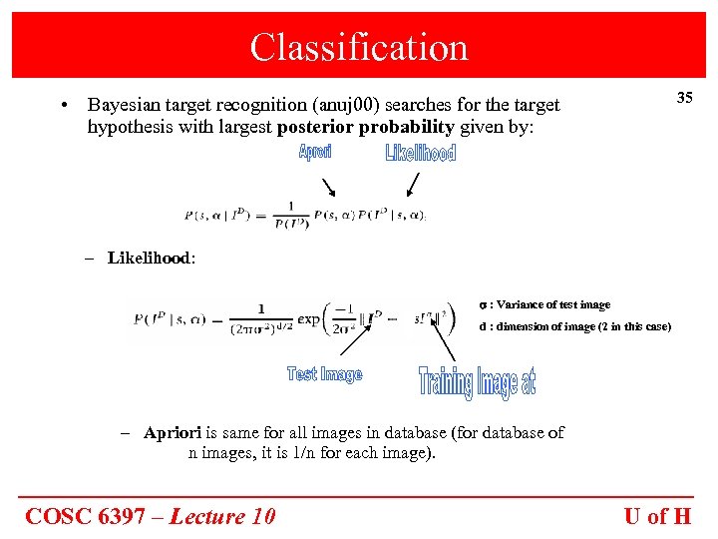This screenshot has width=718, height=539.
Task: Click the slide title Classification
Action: [x=359, y=47]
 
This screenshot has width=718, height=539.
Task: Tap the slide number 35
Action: [x=684, y=98]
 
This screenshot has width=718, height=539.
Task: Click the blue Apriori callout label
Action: [x=315, y=152]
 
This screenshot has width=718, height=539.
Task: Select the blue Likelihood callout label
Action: [x=420, y=153]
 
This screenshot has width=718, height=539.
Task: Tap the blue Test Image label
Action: [x=324, y=374]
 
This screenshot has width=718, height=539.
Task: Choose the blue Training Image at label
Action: [x=477, y=382]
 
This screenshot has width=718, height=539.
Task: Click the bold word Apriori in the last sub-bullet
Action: [x=173, y=433]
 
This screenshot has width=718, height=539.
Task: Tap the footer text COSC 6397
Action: [x=95, y=516]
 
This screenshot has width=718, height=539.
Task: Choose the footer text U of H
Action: [x=657, y=516]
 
